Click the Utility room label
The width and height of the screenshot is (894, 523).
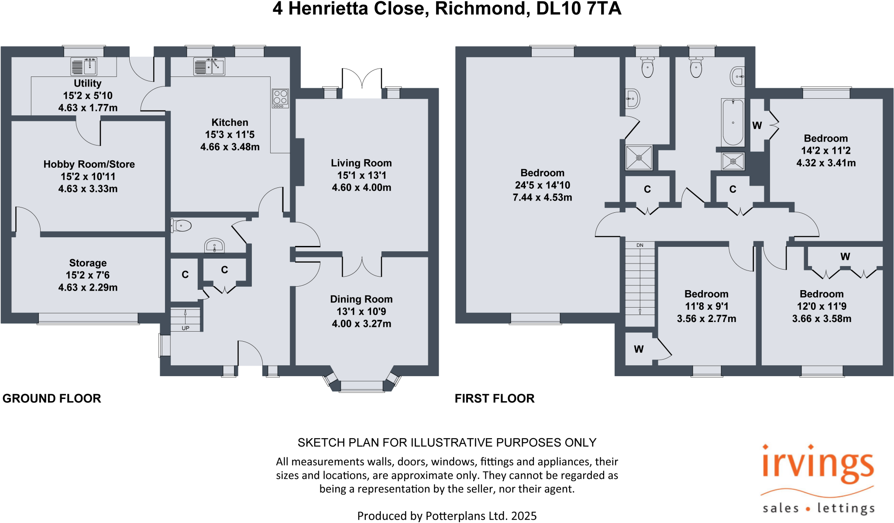(87, 83)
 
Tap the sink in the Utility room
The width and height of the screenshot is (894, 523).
(84, 66)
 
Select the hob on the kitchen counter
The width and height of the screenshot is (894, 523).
(280, 98)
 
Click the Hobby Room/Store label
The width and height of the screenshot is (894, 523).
(89, 164)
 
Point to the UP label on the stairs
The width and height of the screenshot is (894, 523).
(186, 328)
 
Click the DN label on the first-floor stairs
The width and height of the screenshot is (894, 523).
(640, 245)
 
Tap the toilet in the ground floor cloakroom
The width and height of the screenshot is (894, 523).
(182, 226)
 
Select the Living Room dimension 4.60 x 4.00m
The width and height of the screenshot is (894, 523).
(361, 187)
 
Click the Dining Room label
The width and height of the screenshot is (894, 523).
(361, 299)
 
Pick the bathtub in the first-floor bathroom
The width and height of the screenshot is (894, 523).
(733, 122)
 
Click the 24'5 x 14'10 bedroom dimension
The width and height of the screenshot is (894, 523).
(543, 185)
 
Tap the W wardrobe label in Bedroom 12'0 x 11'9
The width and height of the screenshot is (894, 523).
(845, 256)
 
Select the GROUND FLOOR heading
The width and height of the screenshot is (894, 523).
(52, 398)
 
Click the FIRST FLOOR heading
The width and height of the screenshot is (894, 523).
(495, 398)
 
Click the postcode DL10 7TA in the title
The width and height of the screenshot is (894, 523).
(578, 9)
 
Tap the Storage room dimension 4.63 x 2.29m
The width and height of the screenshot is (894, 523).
(88, 287)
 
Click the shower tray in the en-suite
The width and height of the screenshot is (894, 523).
(639, 158)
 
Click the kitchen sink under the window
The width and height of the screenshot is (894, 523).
(210, 66)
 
